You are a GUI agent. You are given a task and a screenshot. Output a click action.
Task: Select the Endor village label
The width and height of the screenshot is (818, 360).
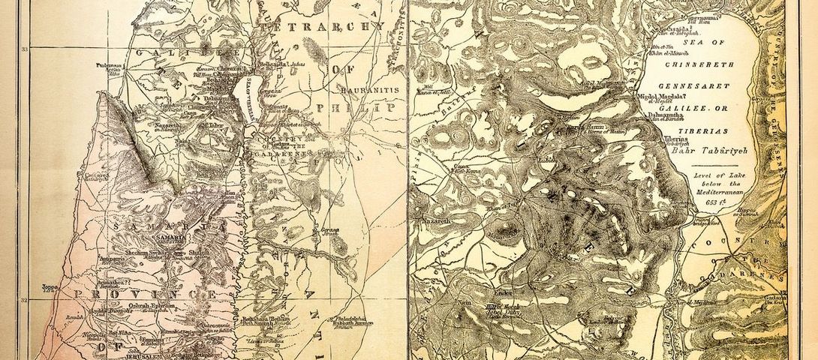[x=501, y=288]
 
